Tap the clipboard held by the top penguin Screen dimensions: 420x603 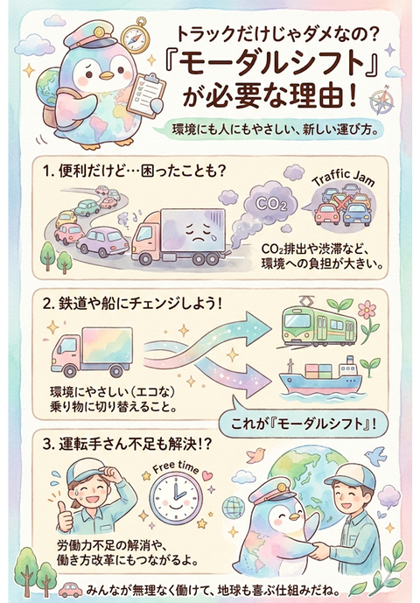146,95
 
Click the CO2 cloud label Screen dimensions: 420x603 271,203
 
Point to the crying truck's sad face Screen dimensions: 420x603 198,233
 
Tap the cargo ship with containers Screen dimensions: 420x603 320,379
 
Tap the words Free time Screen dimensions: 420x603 176,468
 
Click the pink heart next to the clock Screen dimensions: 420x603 207,476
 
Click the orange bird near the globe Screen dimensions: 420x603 255,454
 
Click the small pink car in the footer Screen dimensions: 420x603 71,590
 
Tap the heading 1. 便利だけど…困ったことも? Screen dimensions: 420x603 134,172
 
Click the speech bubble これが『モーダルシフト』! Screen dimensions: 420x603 304,424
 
